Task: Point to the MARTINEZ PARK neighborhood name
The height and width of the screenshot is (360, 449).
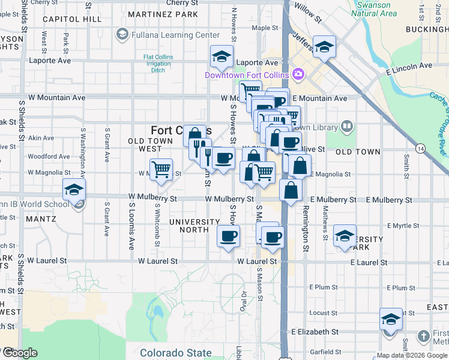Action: click(x=163, y=14)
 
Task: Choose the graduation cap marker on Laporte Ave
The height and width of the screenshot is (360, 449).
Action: click(x=221, y=57)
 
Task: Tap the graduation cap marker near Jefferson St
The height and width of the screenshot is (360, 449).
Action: click(x=324, y=47)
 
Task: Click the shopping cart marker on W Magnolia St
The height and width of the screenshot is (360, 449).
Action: click(x=161, y=170)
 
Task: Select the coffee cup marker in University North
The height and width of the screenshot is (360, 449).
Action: click(x=228, y=236)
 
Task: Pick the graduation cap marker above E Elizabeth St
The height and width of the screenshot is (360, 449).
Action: click(x=391, y=319)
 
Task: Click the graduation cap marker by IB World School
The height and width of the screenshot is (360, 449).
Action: click(x=74, y=190)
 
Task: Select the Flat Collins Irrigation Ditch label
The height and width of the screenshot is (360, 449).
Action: click(x=158, y=64)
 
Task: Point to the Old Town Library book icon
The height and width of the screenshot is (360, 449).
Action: click(x=346, y=126)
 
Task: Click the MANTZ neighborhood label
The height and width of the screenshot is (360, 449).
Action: click(x=41, y=219)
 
